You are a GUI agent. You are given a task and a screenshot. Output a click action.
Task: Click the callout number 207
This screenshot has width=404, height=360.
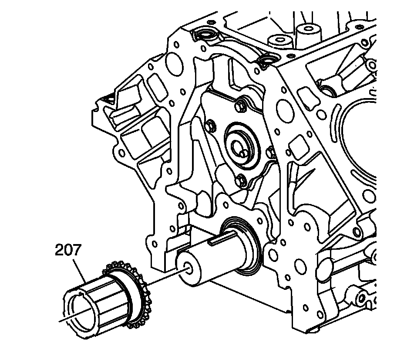pos(68,250)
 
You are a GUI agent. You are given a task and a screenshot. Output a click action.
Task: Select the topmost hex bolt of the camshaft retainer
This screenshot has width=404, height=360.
pos(240,105)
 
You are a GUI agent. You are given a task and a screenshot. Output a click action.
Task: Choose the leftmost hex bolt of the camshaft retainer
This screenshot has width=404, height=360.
pos(211,126)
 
